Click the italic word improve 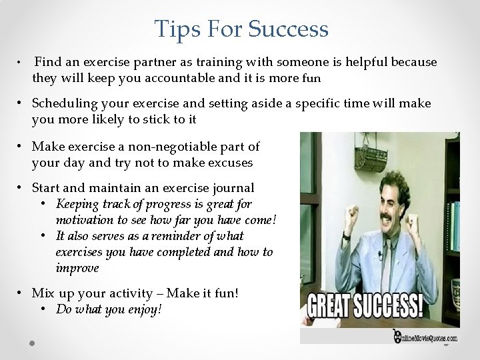coord(77,268)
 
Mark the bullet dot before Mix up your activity coord(21,293)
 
